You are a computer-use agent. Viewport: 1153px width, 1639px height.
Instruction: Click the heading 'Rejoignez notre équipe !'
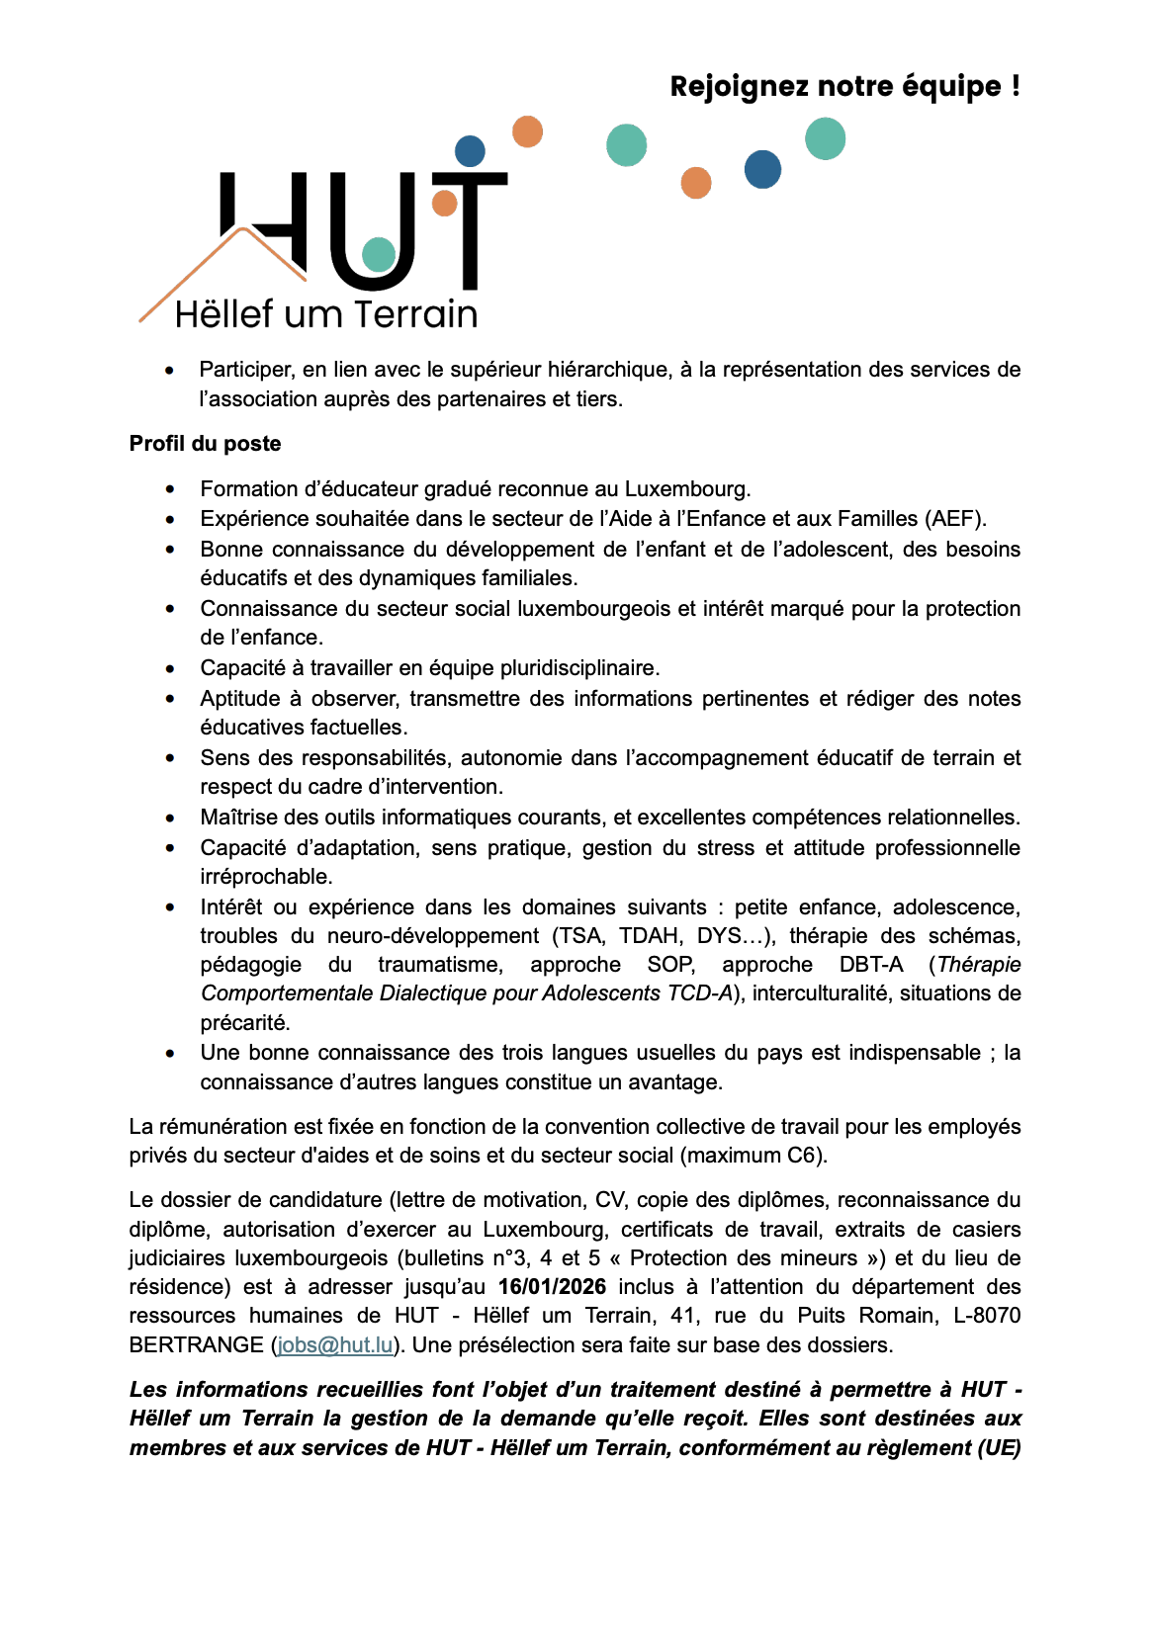844,87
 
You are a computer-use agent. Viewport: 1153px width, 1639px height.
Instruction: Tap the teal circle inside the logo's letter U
379,254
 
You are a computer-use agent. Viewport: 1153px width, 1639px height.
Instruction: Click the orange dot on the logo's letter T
445,204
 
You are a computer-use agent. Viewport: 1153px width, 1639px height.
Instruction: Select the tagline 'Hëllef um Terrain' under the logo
326,314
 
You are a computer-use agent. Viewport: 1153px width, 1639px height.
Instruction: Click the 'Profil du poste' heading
205,444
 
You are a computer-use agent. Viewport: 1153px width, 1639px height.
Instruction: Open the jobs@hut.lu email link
335,1345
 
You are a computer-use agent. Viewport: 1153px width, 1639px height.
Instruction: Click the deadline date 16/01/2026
552,1287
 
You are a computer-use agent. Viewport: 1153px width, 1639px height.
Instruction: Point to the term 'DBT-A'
871,965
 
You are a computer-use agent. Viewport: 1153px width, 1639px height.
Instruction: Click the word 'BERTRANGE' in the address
196,1345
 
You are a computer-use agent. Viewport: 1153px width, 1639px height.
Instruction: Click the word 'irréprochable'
266,877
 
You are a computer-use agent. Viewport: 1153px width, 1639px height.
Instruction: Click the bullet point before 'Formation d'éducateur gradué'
171,489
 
